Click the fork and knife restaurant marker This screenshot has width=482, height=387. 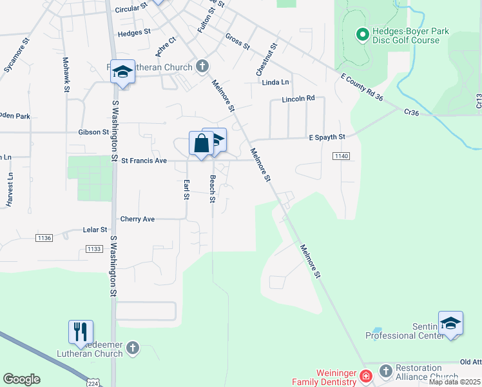coord(81,332)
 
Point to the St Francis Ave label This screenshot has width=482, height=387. coord(144,161)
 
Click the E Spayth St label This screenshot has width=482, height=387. coord(327,137)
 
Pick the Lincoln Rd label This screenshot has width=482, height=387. coord(298,99)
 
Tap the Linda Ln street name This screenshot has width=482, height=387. coord(275,83)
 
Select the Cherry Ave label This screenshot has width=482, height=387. coord(137,219)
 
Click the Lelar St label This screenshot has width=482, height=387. coord(95,230)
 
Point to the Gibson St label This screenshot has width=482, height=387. coord(93,132)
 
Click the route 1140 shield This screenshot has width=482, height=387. coord(341,157)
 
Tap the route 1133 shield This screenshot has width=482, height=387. coord(94,249)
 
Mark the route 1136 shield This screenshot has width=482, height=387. coord(44,238)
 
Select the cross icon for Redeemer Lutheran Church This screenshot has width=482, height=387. coord(133,348)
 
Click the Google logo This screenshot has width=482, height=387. coord(21,379)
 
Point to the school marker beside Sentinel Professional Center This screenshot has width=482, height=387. coord(450,323)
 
